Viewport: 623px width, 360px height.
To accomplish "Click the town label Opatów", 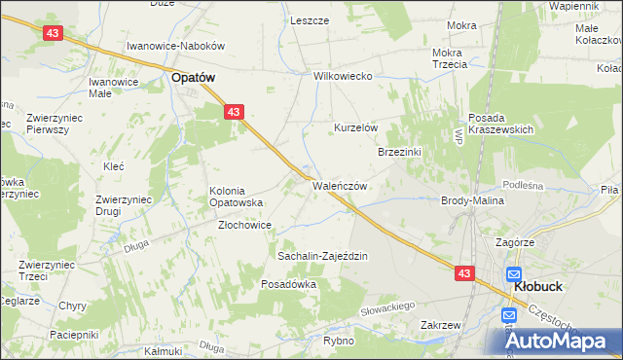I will pyautogui.click(x=193, y=76).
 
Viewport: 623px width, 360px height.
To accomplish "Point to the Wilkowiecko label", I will pyautogui.click(x=344, y=76).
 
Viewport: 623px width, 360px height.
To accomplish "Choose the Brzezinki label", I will pyautogui.click(x=399, y=152).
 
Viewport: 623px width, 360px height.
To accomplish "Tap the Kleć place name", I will pyautogui.click(x=113, y=166).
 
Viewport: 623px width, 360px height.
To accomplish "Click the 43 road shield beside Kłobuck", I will pyautogui.click(x=463, y=274).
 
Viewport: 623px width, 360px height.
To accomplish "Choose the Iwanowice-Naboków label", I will pyautogui.click(x=176, y=46).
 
